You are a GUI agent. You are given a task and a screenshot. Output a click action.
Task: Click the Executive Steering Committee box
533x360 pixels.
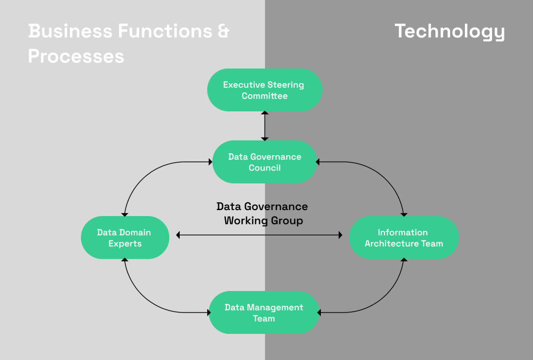pyautogui.click(x=265, y=90)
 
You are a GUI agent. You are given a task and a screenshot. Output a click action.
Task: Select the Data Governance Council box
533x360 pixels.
pyautogui.click(x=265, y=162)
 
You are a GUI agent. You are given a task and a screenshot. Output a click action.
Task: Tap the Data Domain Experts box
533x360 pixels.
pyautogui.click(x=125, y=238)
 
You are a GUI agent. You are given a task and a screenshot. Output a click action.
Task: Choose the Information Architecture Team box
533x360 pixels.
pyautogui.click(x=404, y=238)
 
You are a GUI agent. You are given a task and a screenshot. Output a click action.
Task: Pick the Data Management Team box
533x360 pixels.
pyautogui.click(x=264, y=313)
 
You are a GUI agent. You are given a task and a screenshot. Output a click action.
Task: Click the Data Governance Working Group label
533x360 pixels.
pyautogui.click(x=263, y=213)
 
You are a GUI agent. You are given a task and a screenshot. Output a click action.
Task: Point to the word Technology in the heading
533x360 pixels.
pyautogui.click(x=450, y=31)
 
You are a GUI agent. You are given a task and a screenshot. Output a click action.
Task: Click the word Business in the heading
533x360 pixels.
pyautogui.click(x=70, y=31)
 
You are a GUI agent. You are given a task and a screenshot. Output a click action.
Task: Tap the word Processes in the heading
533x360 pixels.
pyautogui.click(x=76, y=56)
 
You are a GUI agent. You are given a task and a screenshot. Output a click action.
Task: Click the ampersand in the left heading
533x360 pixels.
pyautogui.click(x=223, y=31)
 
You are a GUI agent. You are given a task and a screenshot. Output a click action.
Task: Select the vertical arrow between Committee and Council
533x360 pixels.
pyautogui.click(x=265, y=126)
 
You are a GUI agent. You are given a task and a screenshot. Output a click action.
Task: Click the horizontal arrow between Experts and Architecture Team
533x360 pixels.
pyautogui.click(x=259, y=235)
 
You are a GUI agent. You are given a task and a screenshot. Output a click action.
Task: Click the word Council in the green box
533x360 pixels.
pyautogui.click(x=265, y=168)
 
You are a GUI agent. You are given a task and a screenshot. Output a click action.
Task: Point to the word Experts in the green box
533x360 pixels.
pyautogui.click(x=125, y=244)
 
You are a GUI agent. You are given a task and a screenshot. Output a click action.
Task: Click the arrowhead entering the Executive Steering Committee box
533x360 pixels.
pyautogui.click(x=265, y=113)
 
